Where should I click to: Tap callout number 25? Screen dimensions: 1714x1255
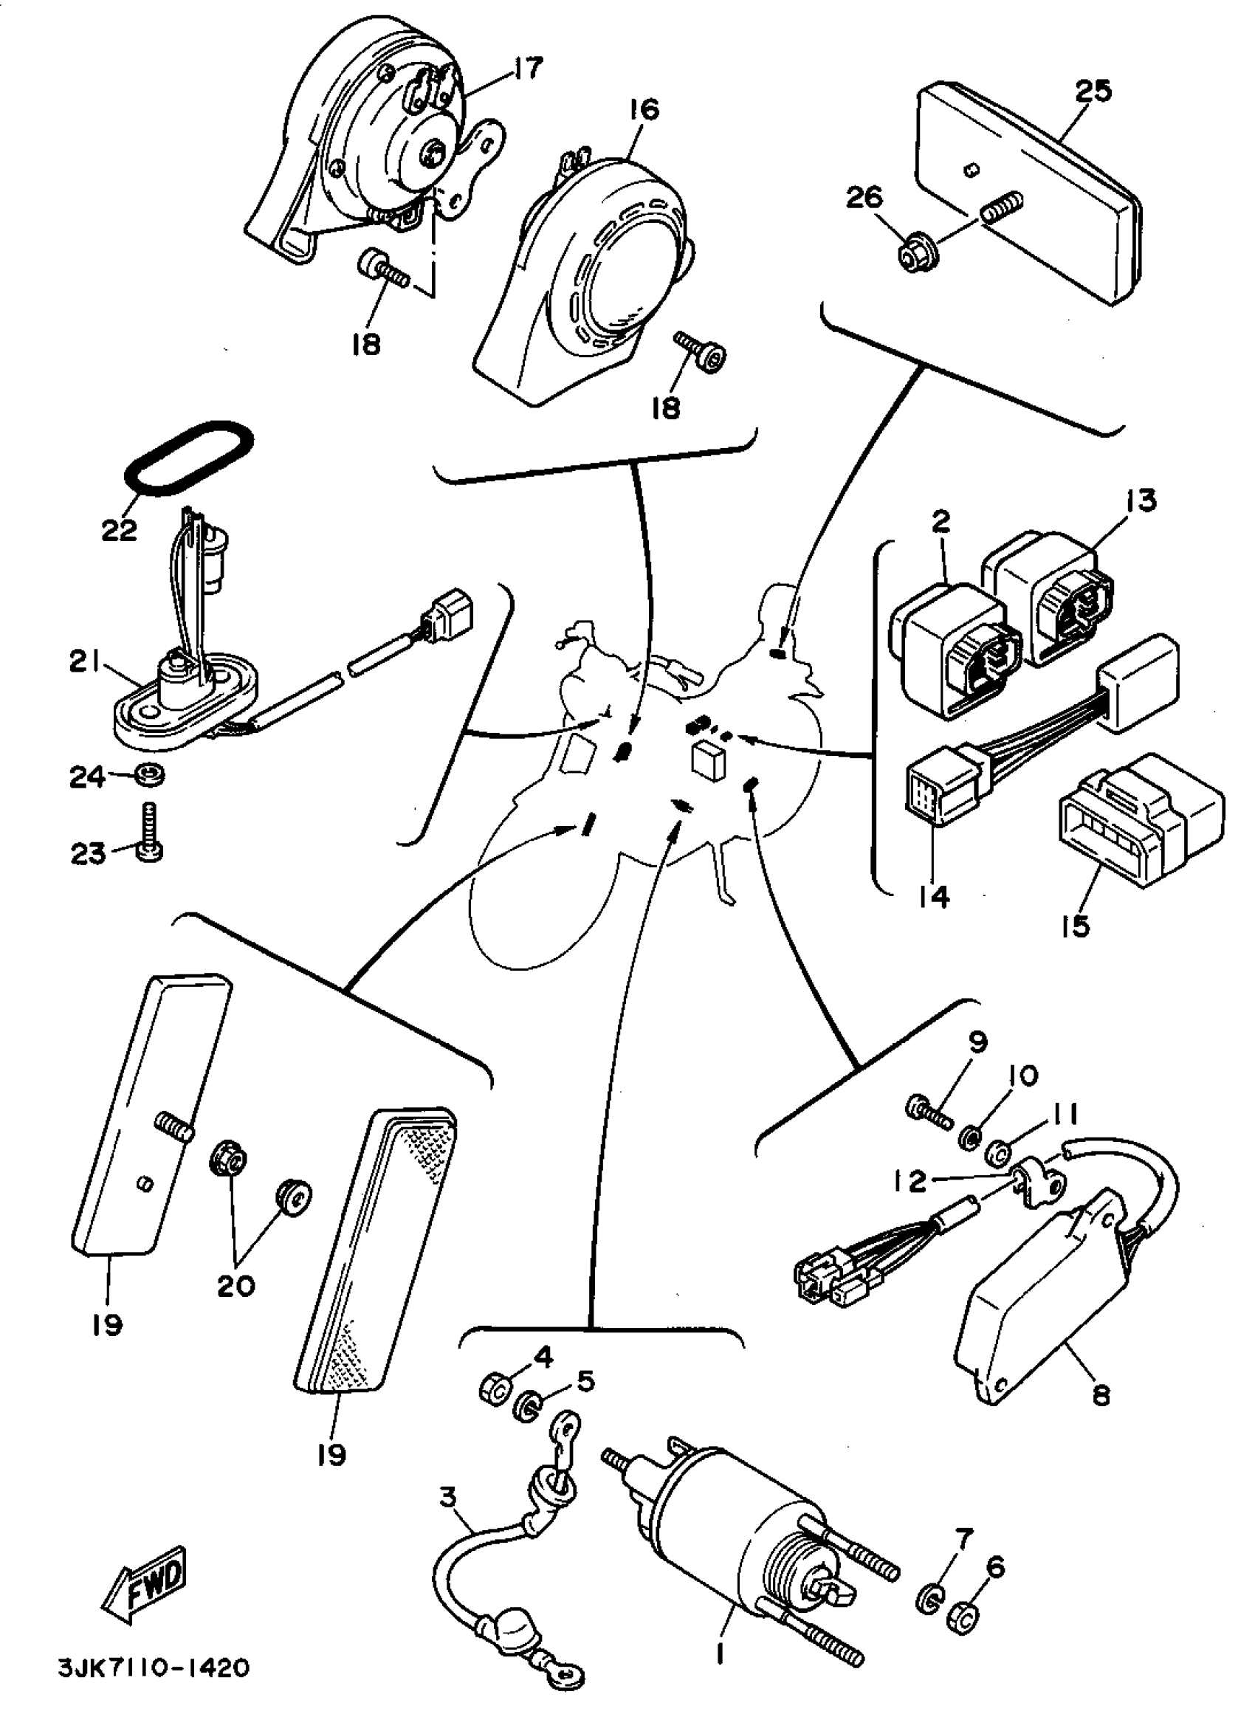click(1093, 91)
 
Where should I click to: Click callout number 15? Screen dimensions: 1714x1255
click(1076, 926)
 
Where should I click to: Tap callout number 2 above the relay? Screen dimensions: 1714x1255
click(941, 521)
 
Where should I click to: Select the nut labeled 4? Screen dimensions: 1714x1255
click(495, 1391)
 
